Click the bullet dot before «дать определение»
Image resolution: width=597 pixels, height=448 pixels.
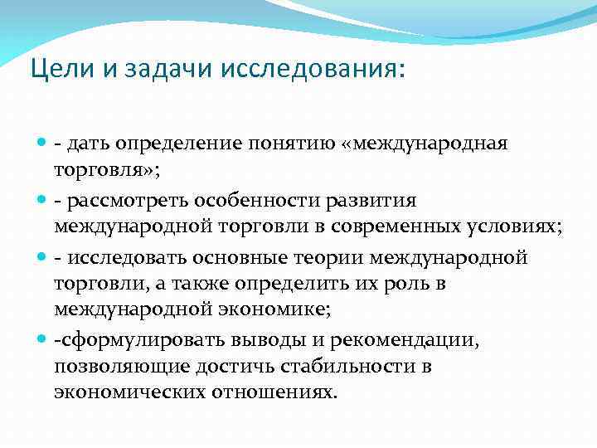[x=42, y=144]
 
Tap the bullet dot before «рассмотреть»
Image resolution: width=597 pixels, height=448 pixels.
[x=42, y=202]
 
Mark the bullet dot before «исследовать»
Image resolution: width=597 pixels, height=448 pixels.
[x=42, y=258]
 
